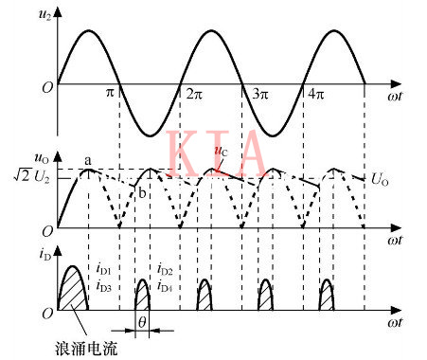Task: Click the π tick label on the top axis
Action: click(108, 95)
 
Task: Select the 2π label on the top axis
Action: click(194, 95)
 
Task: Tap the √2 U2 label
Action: click(27, 176)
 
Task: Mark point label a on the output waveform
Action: click(87, 161)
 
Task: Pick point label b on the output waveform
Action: click(142, 193)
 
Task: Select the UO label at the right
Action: click(380, 177)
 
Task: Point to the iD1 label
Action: click(105, 270)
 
